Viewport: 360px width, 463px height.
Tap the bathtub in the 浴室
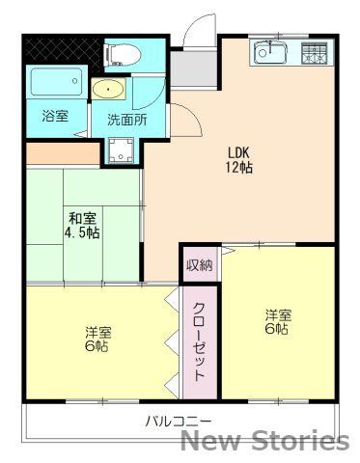[x=54, y=83]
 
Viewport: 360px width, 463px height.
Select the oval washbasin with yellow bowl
[x=109, y=91]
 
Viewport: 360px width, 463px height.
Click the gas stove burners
[x=315, y=52]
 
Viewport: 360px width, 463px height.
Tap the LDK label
[x=239, y=151]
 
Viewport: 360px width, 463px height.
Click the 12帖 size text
[x=239, y=167]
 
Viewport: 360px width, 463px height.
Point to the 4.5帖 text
[x=82, y=233]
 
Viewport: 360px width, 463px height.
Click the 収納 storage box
[x=200, y=263]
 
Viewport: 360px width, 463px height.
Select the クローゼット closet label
[x=199, y=342]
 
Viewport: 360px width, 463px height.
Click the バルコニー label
[x=179, y=421]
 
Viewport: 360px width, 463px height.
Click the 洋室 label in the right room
[x=278, y=313]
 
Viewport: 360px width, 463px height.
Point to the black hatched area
[x=60, y=48]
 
